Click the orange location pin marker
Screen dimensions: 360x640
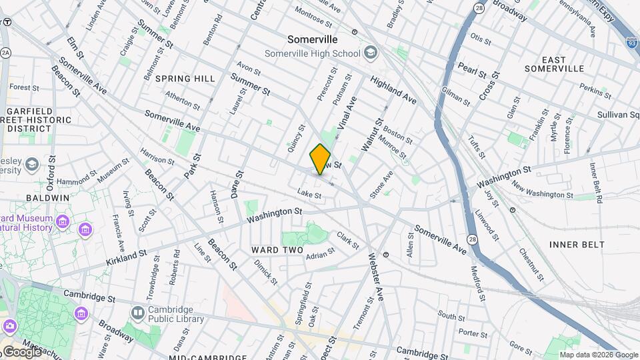[320, 159]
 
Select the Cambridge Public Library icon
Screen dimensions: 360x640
[137, 312]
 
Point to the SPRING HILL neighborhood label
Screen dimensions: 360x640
[185, 79]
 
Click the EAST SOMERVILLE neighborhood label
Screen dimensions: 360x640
[554, 63]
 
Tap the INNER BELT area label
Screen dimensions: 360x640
[577, 245]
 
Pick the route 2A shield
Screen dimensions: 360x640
[5, 52]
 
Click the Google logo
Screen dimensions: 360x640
[22, 351]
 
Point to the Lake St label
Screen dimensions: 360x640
[309, 195]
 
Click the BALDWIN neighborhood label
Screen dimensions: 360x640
[48, 198]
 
